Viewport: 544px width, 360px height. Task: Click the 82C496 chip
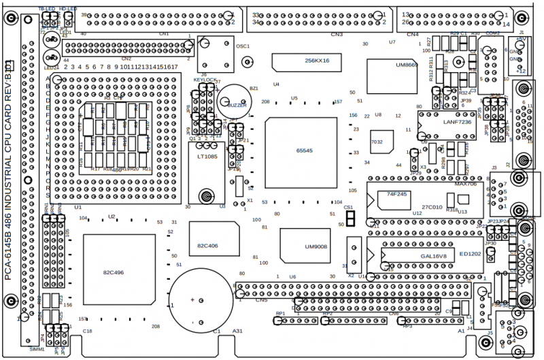pyautogui.click(x=113, y=273)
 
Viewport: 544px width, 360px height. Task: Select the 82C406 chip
pyautogui.click(x=207, y=244)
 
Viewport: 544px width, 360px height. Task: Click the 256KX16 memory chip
pyautogui.click(x=316, y=61)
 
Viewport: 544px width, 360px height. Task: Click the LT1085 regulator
pyautogui.click(x=207, y=157)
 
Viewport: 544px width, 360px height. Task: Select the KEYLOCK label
pyautogui.click(x=205, y=80)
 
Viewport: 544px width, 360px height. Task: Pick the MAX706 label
pyautogui.click(x=466, y=184)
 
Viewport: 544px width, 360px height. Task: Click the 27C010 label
pyautogui.click(x=432, y=207)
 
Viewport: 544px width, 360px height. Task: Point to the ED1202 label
pyautogui.click(x=470, y=253)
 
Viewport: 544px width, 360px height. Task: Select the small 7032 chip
pyautogui.click(x=377, y=142)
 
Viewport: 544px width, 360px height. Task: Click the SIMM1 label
pyautogui.click(x=37, y=348)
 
